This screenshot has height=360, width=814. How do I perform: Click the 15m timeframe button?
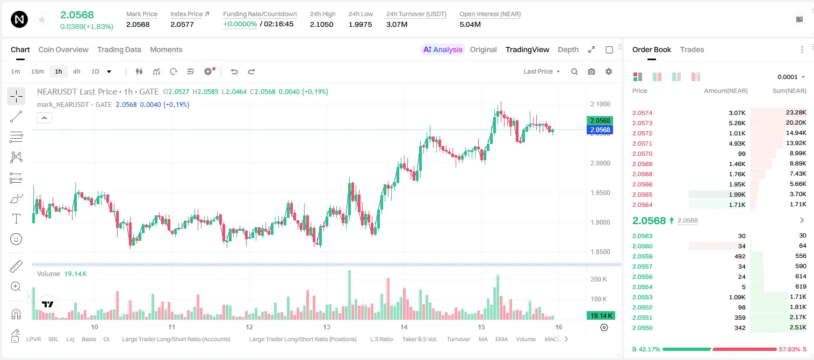[38, 71]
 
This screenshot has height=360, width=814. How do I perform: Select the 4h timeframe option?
[76, 71]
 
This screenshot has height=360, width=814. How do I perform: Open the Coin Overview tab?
[63, 49]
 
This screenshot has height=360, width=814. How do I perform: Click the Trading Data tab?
[119, 49]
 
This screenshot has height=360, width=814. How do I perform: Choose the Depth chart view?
[568, 49]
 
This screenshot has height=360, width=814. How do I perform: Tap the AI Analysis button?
[443, 49]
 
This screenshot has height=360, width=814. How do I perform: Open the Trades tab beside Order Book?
[691, 49]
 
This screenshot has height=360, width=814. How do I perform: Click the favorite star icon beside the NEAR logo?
[42, 19]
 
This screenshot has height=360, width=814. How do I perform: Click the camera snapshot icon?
[591, 71]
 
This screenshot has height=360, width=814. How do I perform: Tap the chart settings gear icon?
[609, 71]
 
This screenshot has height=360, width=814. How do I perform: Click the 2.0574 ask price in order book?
[642, 113]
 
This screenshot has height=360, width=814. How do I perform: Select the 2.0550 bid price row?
[642, 328]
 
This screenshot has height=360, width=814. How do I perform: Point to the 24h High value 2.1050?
[321, 24]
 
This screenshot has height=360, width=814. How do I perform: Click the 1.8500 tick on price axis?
[600, 252]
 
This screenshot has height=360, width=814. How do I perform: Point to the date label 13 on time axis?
[326, 327]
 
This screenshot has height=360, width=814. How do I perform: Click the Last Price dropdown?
[542, 71]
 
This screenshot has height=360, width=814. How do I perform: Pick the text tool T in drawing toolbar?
[16, 219]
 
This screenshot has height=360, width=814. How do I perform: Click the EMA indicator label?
[501, 339]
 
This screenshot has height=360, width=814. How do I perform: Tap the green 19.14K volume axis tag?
[601, 316]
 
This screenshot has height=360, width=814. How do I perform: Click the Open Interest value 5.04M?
[470, 24]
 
